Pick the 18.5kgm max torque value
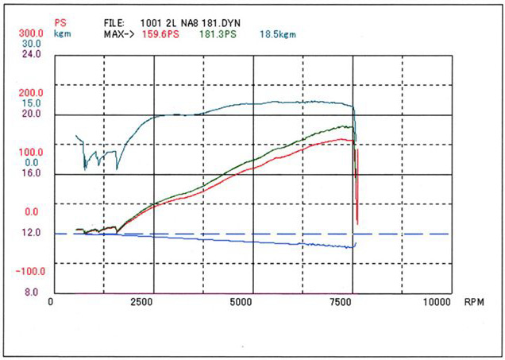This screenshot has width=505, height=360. point(279,34)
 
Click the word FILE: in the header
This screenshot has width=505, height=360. point(116,24)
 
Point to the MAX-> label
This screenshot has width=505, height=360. point(118,34)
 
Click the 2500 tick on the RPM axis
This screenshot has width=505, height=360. point(141,302)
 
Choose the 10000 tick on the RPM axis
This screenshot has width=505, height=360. point(438,302)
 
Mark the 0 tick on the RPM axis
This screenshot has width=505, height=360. point(50,302)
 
